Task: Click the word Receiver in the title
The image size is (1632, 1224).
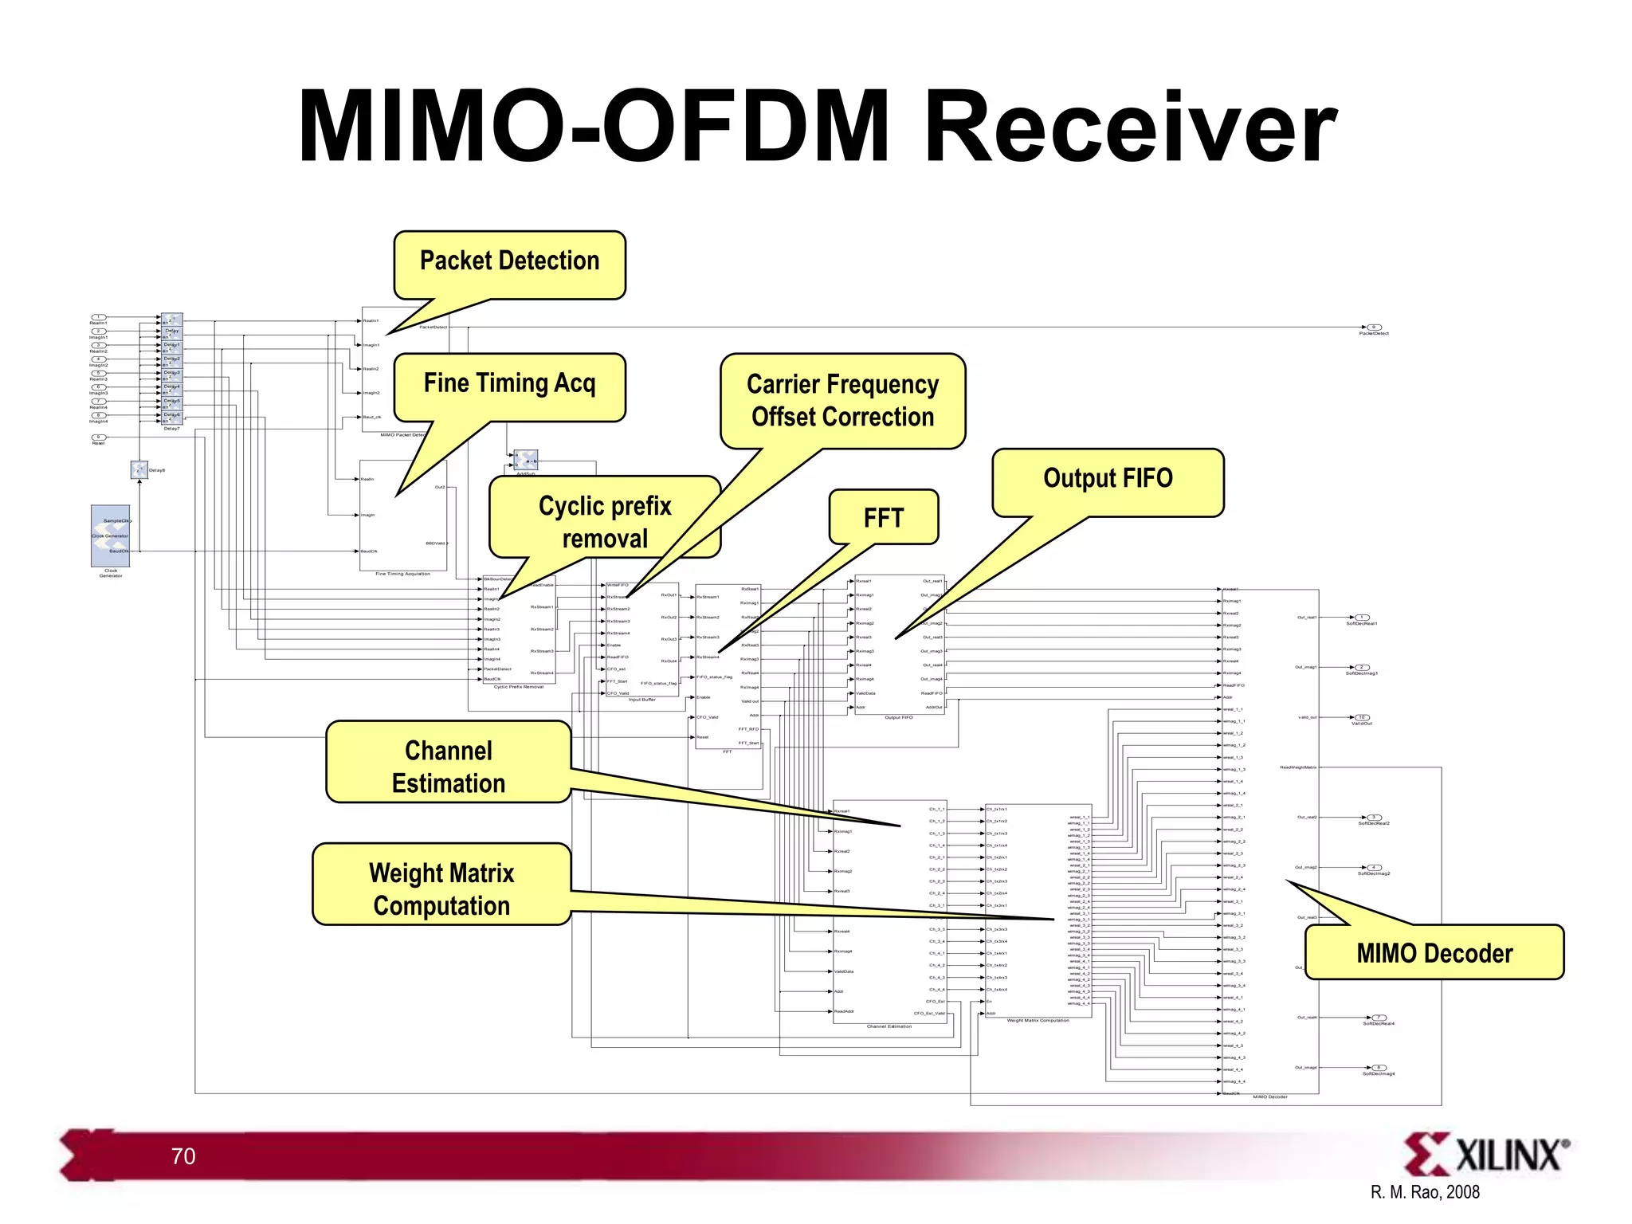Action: coord(1129,127)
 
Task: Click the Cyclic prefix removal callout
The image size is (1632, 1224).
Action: coord(604,521)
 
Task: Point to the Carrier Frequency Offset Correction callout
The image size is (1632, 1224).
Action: coord(842,401)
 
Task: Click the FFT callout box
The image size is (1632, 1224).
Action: coord(883,518)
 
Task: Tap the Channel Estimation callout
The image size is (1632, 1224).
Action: coord(448,765)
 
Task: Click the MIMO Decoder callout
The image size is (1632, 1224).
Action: coord(1434,952)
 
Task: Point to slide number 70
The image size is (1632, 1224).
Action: coord(183,1156)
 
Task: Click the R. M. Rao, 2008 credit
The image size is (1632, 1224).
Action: coord(1425,1193)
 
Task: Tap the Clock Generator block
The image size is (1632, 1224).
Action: coord(111,535)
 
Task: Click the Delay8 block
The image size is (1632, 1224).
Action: coord(139,470)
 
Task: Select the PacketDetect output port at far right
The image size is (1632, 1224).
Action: coord(1374,328)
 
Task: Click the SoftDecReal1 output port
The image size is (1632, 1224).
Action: coord(1362,618)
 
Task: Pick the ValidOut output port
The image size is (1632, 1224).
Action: coord(1362,717)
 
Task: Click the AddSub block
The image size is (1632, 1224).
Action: coord(525,460)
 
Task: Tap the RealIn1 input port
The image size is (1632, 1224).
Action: coord(99,317)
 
